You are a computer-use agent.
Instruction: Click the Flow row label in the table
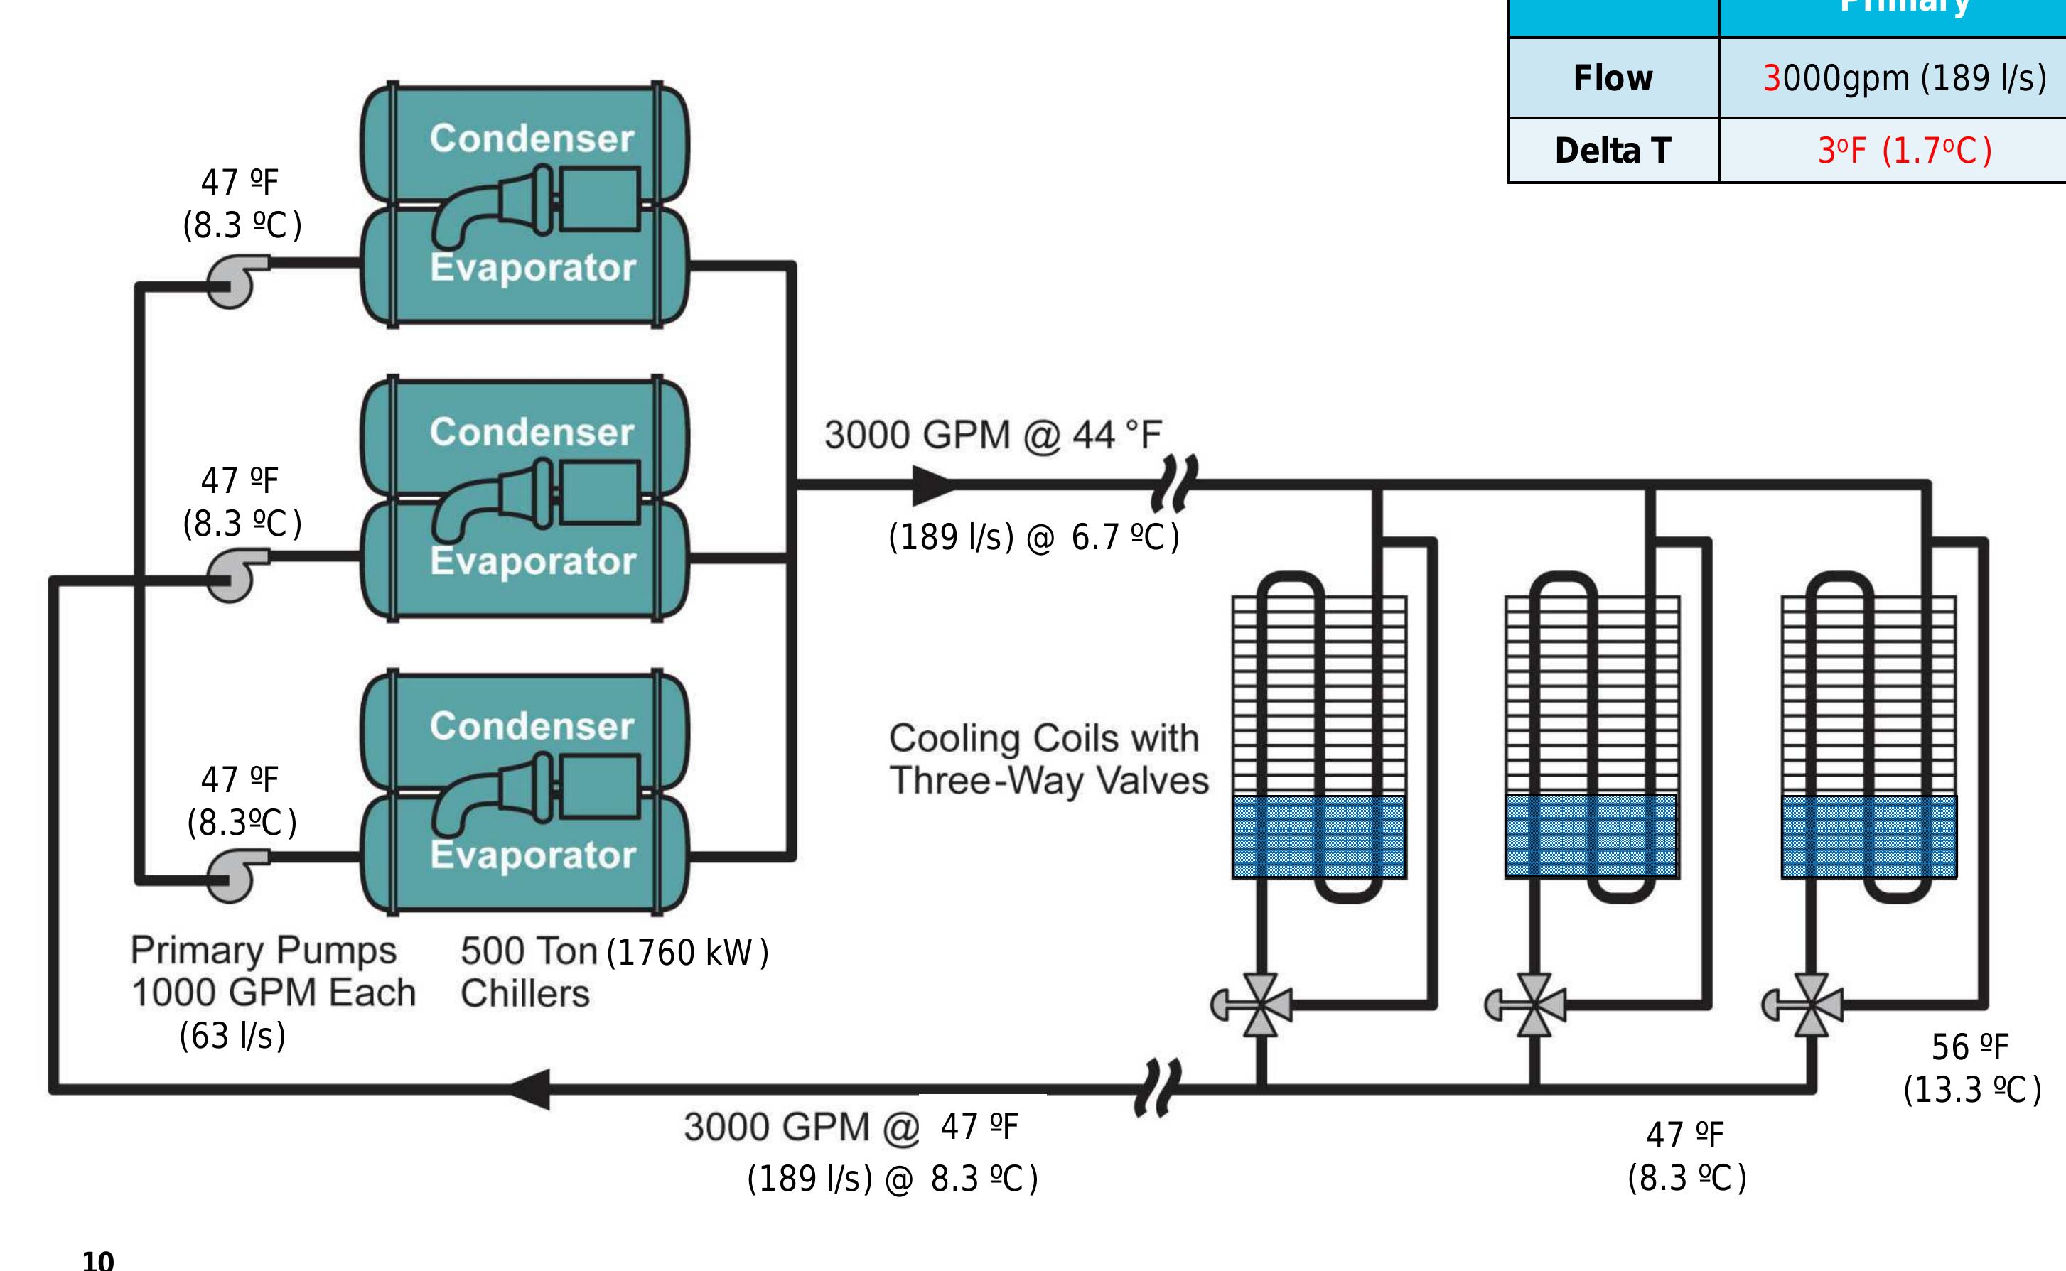[x=1612, y=78]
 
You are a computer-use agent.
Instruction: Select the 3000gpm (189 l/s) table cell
[x=1904, y=78]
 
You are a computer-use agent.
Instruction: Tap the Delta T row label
[x=1612, y=151]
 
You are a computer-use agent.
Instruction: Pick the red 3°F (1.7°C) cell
[x=1904, y=151]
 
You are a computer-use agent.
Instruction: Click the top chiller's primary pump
[x=234, y=281]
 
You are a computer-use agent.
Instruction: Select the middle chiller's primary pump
[x=234, y=575]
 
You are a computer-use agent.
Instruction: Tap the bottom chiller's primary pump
[x=234, y=875]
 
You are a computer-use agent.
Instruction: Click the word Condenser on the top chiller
[x=532, y=138]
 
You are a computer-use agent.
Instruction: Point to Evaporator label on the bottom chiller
[x=533, y=855]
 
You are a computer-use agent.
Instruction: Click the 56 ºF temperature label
[x=1970, y=1047]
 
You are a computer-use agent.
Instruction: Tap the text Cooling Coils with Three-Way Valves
[x=1048, y=759]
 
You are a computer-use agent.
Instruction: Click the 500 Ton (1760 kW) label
[x=614, y=951]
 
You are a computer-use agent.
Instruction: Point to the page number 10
[x=97, y=1259]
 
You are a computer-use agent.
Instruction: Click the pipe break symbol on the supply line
[x=1173, y=485]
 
